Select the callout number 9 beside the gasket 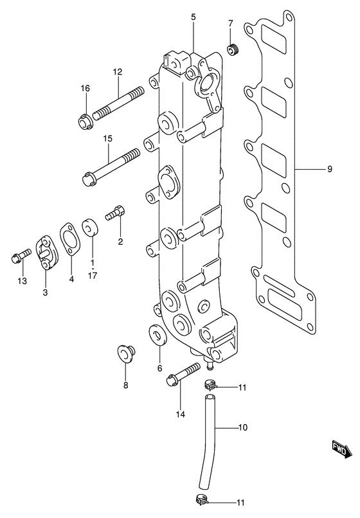point(328,170)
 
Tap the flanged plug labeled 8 point(125,353)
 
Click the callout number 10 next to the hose point(242,427)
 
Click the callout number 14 point(181,415)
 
